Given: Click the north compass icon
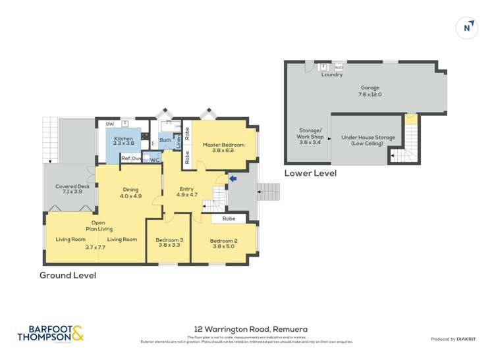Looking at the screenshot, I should coord(467,28).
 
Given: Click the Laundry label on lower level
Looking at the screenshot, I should coord(331,75).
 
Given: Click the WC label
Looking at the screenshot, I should coord(154,160).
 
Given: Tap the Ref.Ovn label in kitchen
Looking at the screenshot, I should coord(132,159).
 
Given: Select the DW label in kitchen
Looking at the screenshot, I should coord(109,124).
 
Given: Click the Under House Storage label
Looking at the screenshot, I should coord(368,140).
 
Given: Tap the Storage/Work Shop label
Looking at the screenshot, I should coord(308,137).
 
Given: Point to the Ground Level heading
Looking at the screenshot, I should coord(68,275).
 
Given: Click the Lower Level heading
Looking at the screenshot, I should coord(310,173).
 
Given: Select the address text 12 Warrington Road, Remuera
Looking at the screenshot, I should coord(247,329).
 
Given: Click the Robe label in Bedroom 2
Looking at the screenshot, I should coord(229,219).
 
